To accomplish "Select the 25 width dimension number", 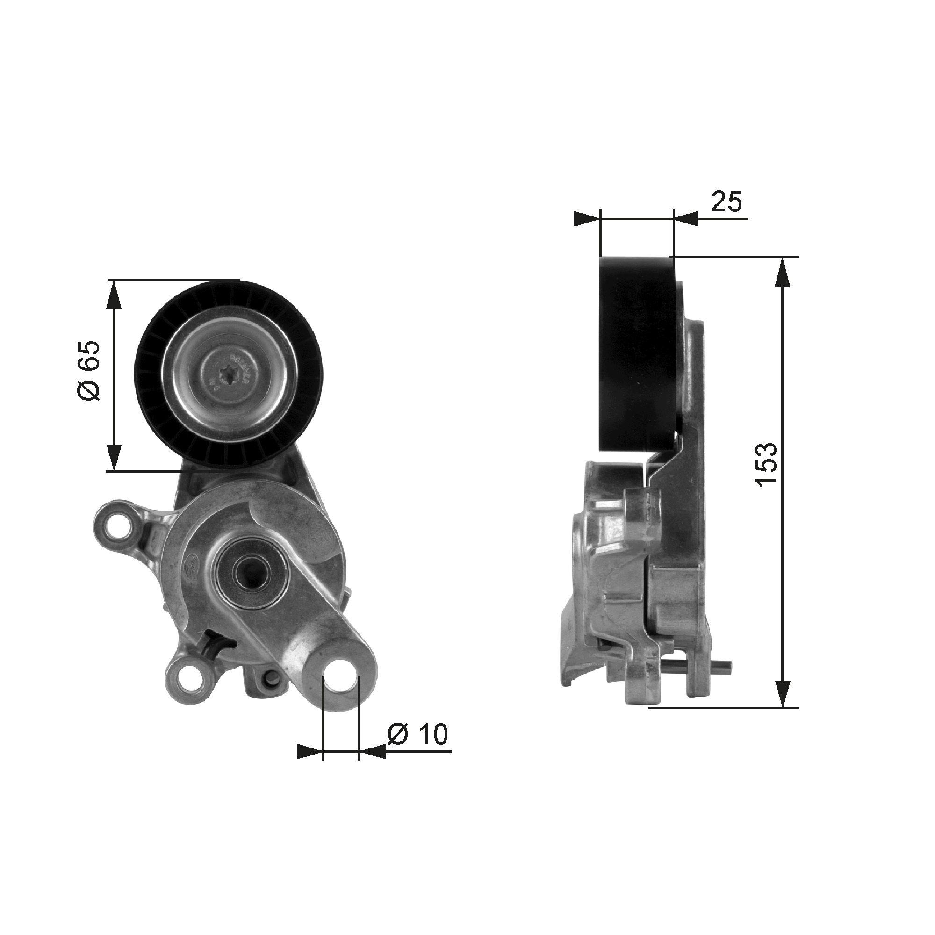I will [x=726, y=202].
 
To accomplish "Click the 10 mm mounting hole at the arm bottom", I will [x=341, y=679].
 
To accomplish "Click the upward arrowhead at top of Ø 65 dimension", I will [x=114, y=295].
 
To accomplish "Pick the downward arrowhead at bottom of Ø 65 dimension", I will [x=114, y=458].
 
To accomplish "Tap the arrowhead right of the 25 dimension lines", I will [x=686, y=219].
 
